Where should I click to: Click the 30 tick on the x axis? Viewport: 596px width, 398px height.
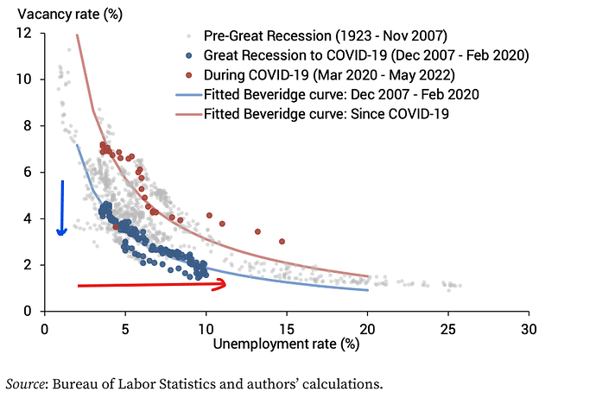click(x=529, y=328)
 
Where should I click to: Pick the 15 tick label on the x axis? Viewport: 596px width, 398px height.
click(x=287, y=328)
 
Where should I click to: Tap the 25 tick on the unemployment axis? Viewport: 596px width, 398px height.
click(x=448, y=328)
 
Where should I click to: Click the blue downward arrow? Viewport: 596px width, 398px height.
click(x=61, y=208)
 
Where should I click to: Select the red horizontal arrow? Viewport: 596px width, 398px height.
click(x=152, y=284)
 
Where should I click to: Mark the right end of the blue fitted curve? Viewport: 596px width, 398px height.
click(x=368, y=290)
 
